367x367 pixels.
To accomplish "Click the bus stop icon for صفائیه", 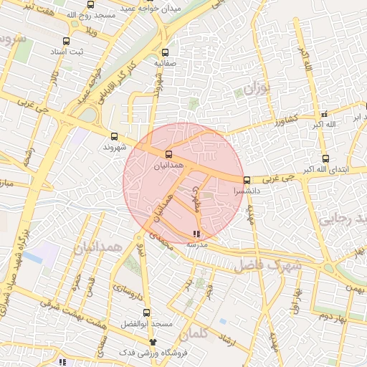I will pyautogui.click(x=166, y=52).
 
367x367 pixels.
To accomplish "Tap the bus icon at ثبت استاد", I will pyautogui.click(x=67, y=42).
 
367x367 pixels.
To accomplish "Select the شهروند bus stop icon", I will pyautogui.click(x=115, y=136).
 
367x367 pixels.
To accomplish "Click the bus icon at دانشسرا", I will pyautogui.click(x=247, y=181).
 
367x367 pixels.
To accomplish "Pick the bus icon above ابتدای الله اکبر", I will pyautogui.click(x=326, y=158).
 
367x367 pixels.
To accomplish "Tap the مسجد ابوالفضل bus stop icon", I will pyautogui.click(x=147, y=313).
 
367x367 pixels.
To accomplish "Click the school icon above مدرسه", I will pyautogui.click(x=197, y=234).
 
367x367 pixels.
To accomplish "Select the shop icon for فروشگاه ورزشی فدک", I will pyautogui.click(x=153, y=343).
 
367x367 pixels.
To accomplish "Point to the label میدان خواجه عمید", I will pyautogui.click(x=173, y=9).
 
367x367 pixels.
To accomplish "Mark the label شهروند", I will pyautogui.click(x=114, y=147).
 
